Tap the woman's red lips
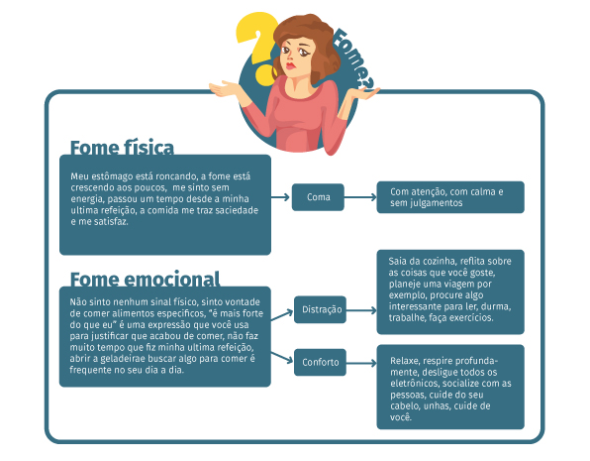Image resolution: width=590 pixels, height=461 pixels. [x=290, y=67]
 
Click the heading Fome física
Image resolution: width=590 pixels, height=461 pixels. [x=122, y=148]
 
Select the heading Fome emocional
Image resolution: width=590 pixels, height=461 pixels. [x=145, y=280]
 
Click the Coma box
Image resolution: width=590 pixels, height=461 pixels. [x=318, y=197]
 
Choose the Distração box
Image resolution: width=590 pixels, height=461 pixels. [x=320, y=309]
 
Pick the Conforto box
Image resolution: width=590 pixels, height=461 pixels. [x=320, y=362]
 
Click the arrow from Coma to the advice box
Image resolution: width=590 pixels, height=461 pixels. [x=360, y=197]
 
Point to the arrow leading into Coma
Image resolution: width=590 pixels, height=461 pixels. [x=280, y=197]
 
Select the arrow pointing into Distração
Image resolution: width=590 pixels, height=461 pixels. [x=282, y=314]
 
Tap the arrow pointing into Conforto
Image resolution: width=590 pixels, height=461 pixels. [x=282, y=357]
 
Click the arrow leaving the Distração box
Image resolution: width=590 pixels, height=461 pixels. [x=361, y=310]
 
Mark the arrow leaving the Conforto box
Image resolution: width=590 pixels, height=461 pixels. [x=361, y=363]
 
